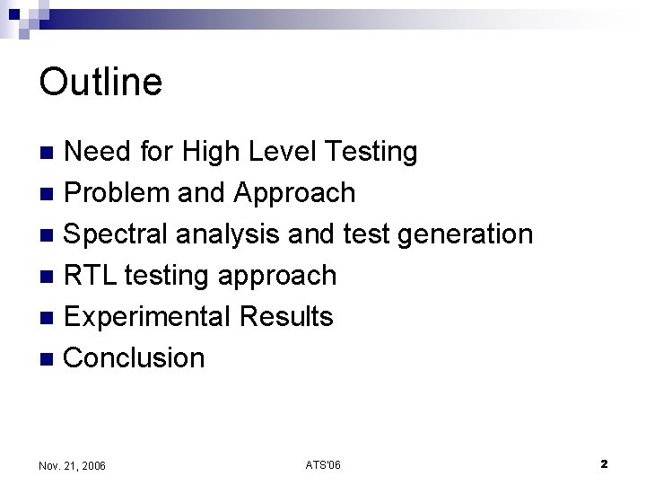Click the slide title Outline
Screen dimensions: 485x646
(100, 82)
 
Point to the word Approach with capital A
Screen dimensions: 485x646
(294, 193)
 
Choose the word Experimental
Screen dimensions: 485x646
(149, 317)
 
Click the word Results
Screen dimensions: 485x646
(287, 317)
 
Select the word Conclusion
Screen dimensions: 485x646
(135, 358)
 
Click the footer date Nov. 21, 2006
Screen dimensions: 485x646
(73, 465)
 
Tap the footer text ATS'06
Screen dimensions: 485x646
(323, 464)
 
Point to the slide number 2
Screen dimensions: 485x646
(604, 463)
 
